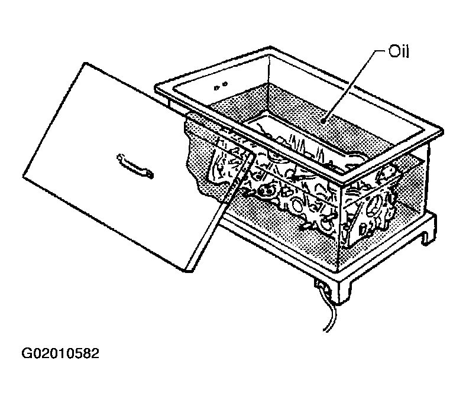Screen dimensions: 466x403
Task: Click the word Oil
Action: coord(399,51)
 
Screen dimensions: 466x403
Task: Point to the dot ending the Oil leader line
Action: coord(323,121)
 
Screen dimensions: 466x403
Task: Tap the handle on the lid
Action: coord(135,166)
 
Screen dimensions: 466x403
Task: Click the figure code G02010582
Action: coord(60,353)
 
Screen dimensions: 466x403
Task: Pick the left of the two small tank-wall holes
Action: coord(216,87)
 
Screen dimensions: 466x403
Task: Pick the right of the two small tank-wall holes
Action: coord(225,84)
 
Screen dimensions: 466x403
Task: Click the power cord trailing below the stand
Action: coord(329,315)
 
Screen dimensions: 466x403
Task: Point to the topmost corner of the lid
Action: coord(86,63)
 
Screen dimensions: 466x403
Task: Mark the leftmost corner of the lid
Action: coord(24,177)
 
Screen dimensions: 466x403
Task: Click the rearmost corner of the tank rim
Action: coord(270,47)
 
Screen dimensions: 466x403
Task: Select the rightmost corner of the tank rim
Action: coord(442,131)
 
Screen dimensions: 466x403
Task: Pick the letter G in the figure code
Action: coord(26,353)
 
